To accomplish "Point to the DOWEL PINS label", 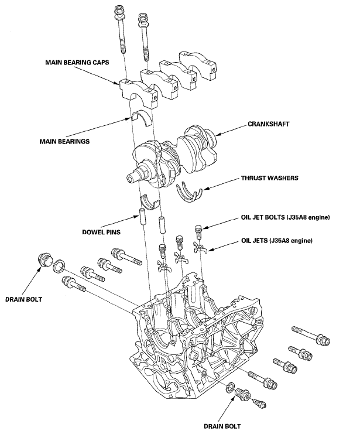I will [x=101, y=232].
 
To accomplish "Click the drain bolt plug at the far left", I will [x=44, y=260].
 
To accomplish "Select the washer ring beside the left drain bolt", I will [x=59, y=267].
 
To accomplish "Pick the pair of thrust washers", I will [x=189, y=192].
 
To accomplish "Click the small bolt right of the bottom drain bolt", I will [x=258, y=404].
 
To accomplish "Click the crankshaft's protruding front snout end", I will [x=132, y=176].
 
